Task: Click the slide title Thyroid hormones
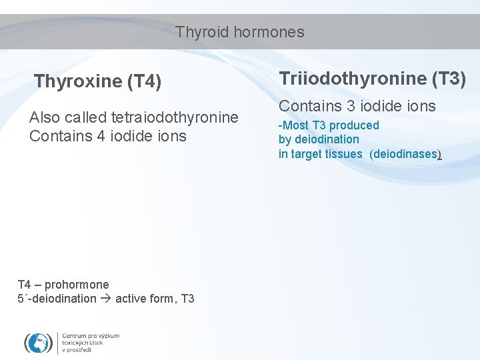pyautogui.click(x=240, y=32)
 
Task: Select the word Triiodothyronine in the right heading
pyautogui.click(x=353, y=79)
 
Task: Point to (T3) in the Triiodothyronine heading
pyautogui.click(x=449, y=79)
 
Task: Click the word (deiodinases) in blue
pyautogui.click(x=405, y=154)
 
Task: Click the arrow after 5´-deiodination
pyautogui.click(x=106, y=299)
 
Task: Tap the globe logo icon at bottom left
pyautogui.click(x=38, y=343)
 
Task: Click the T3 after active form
pyautogui.click(x=187, y=299)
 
